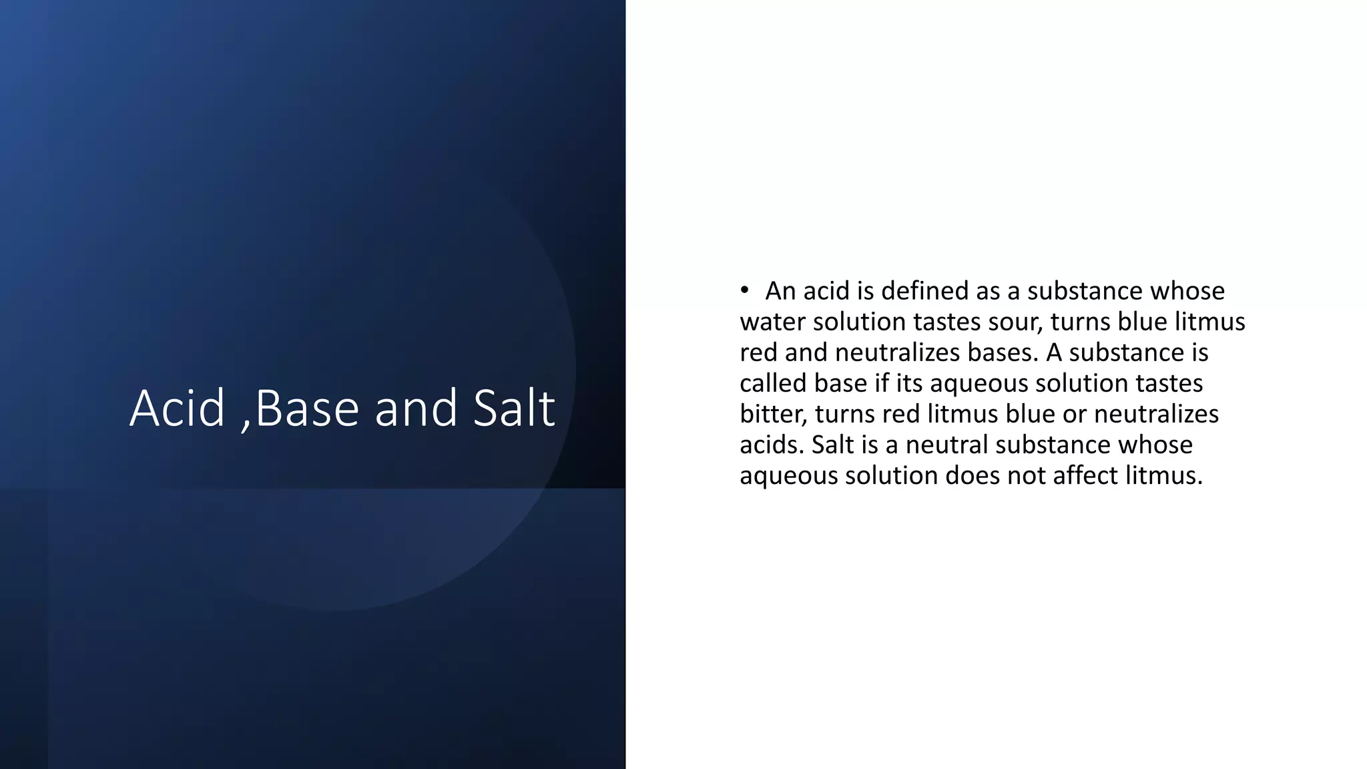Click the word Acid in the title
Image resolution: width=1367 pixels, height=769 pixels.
click(177, 408)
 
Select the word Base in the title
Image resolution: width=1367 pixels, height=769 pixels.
click(307, 408)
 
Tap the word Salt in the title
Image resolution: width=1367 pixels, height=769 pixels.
click(514, 408)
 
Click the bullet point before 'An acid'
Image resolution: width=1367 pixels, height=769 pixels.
click(744, 291)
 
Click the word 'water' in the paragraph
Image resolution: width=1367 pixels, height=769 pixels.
click(772, 322)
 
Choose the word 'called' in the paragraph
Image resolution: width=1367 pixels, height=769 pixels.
click(772, 383)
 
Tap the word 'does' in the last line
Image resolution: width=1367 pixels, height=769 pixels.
click(971, 475)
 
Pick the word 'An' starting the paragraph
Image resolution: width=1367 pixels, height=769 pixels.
click(780, 291)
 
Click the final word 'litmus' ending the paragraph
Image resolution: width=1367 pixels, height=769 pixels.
click(1163, 475)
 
